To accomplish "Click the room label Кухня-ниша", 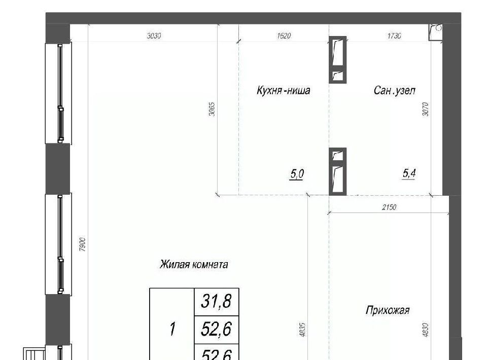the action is pyautogui.click(x=283, y=90).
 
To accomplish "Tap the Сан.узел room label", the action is pyautogui.click(x=395, y=90).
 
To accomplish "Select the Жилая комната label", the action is pyautogui.click(x=194, y=264).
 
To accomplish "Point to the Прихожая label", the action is pyautogui.click(x=388, y=310).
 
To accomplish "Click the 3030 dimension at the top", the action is pyautogui.click(x=154, y=36).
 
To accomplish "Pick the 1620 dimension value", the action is pyautogui.click(x=284, y=36).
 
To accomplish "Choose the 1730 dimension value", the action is pyautogui.click(x=394, y=36).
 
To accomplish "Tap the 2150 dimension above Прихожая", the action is pyautogui.click(x=389, y=207).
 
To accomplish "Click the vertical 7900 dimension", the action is pyautogui.click(x=82, y=244).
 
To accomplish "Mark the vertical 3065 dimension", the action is pyautogui.click(x=212, y=109).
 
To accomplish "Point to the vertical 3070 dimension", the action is pyautogui.click(x=426, y=109).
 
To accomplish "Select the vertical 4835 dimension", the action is pyautogui.click(x=303, y=330).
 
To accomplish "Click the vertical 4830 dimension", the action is pyautogui.click(x=426, y=330).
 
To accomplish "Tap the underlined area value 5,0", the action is pyautogui.click(x=297, y=174).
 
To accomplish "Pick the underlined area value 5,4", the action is pyautogui.click(x=409, y=173).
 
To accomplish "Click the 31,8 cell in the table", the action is pyautogui.click(x=217, y=302).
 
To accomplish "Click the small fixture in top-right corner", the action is pyautogui.click(x=435, y=32).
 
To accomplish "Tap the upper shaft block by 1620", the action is pyautogui.click(x=338, y=60).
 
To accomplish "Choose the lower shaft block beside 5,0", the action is pyautogui.click(x=338, y=171).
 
